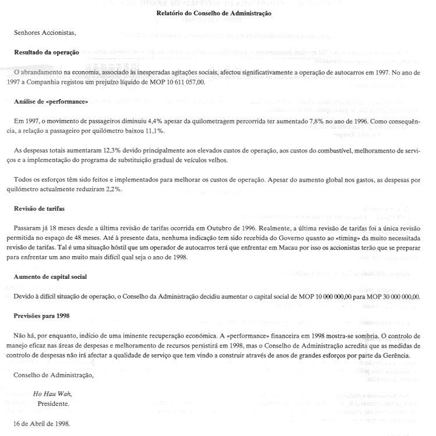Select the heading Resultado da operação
[x=47, y=52]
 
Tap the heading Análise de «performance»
[x=51, y=101]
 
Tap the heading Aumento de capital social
[x=51, y=277]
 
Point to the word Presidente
[x=54, y=403]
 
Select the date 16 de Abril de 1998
[x=42, y=423]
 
